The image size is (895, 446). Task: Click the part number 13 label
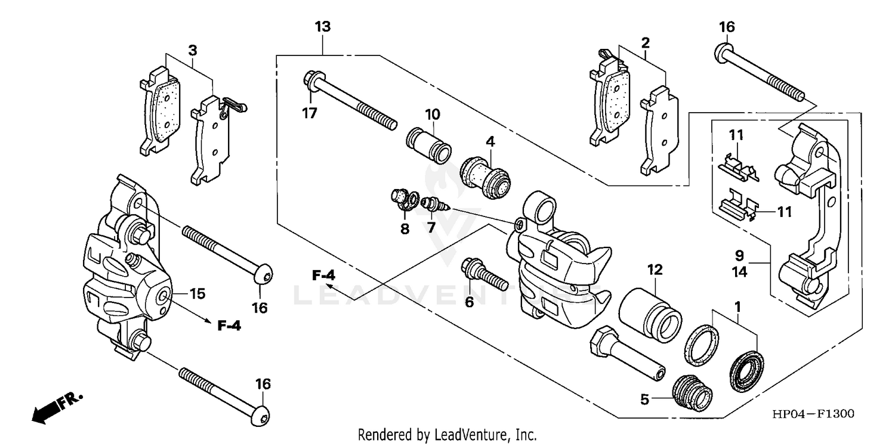[x=323, y=27]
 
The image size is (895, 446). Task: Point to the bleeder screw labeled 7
[x=434, y=206]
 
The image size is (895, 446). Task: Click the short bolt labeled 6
[x=482, y=274]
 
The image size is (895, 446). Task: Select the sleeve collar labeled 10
[x=428, y=144]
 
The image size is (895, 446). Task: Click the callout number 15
[x=197, y=293]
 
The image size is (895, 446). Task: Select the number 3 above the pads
[x=192, y=50]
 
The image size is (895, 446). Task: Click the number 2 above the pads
[x=645, y=43]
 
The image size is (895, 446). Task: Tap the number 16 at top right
[x=727, y=27]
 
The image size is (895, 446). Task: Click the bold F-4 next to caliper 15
[x=229, y=326]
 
